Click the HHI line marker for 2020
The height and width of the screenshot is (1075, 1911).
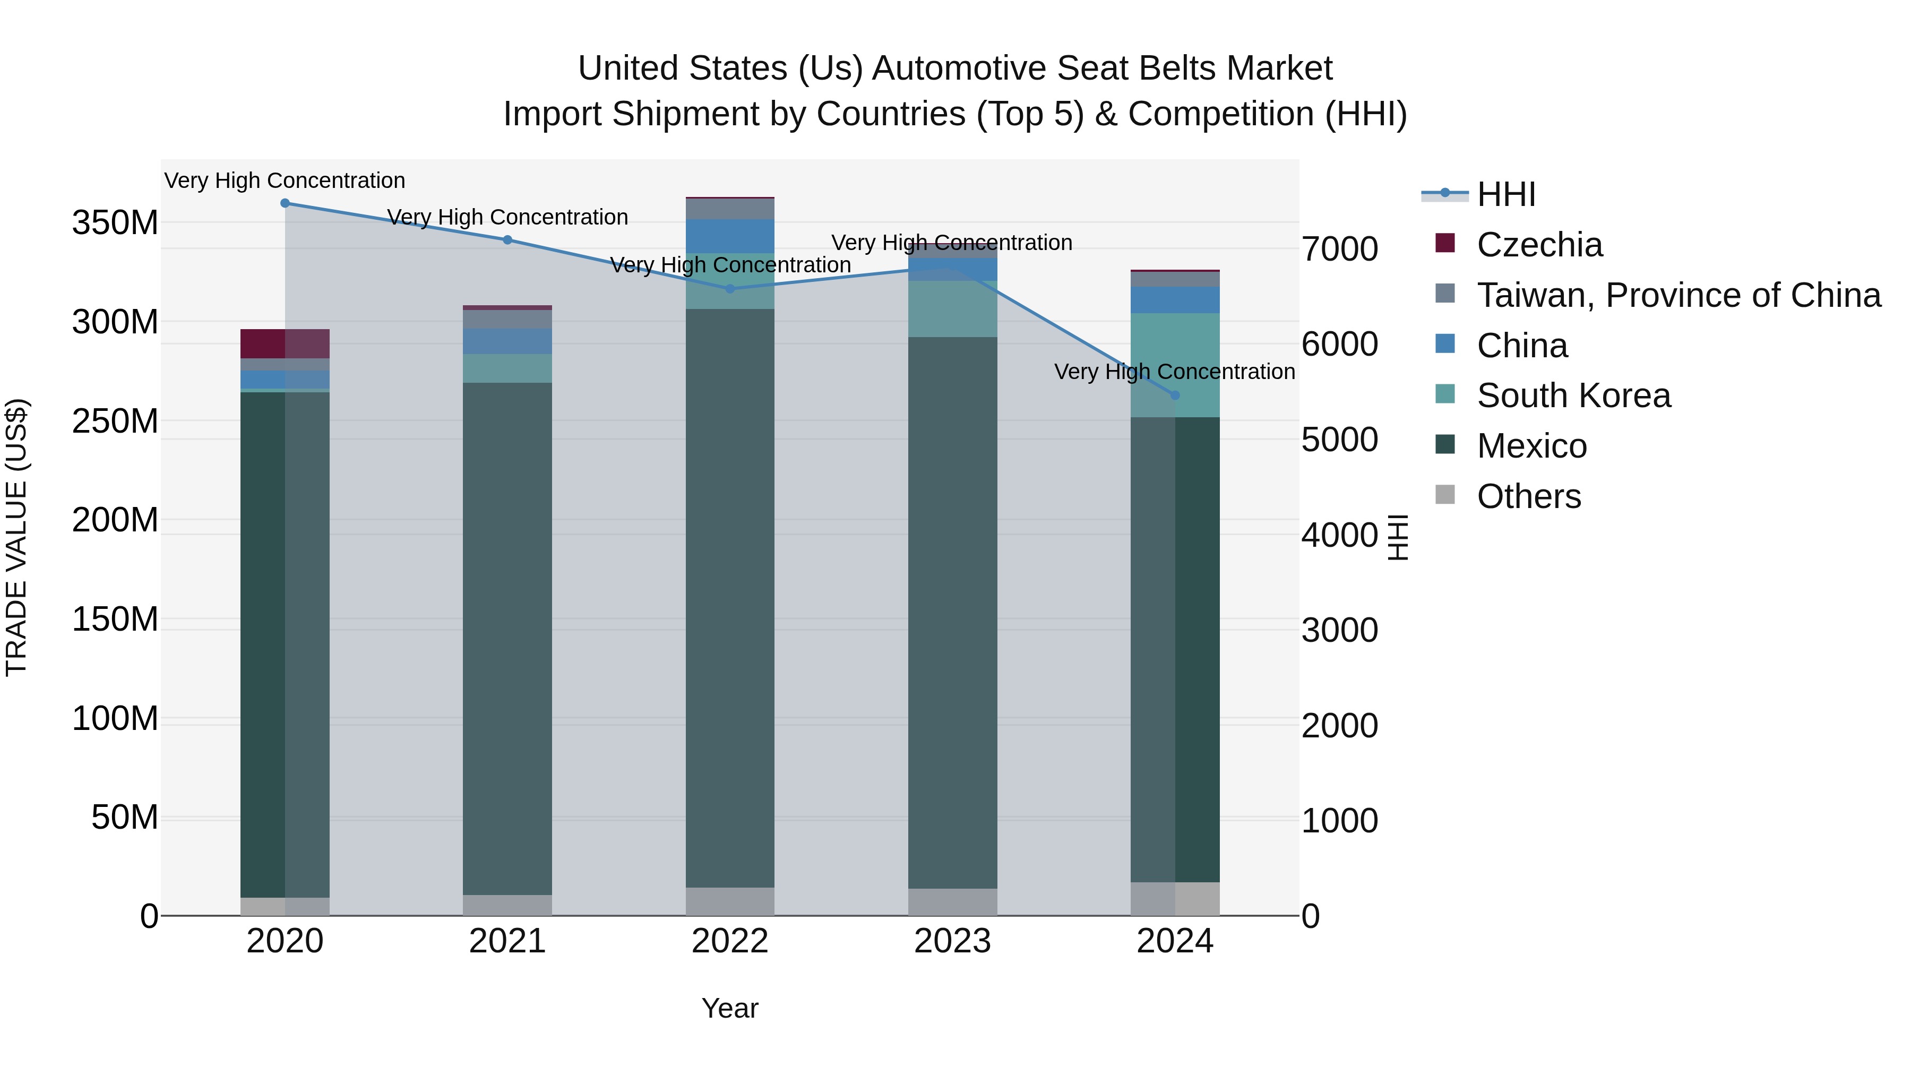coord(285,203)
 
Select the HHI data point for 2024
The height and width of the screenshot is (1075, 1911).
coord(1174,395)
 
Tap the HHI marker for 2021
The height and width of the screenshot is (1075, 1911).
coord(507,239)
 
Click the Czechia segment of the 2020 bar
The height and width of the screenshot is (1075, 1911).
coord(285,343)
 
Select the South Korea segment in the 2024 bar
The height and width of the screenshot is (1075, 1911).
coord(1174,365)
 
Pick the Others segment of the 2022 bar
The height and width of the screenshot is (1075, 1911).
coord(729,901)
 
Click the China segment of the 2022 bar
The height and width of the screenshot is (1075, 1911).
coord(729,236)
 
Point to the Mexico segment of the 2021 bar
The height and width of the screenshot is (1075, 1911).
coord(507,638)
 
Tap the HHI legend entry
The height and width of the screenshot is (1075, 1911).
coord(1505,194)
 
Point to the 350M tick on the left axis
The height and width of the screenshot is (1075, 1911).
coord(115,222)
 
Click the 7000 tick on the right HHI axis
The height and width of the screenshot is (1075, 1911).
coord(1340,250)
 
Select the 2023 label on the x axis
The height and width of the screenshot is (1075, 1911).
coord(952,941)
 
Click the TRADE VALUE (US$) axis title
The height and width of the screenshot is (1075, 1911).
coord(16,537)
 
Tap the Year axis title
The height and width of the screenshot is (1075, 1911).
coord(729,1008)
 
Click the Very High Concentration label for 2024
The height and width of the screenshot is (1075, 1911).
coord(1174,372)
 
